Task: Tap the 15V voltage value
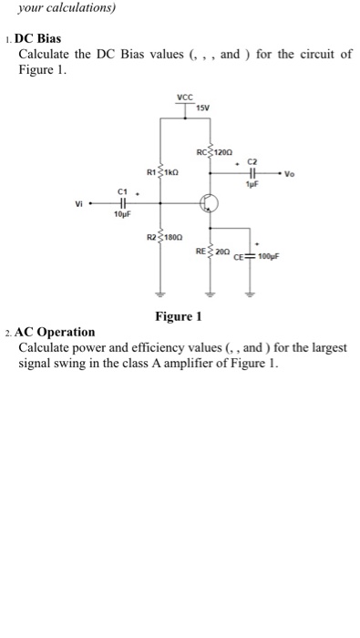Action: pyautogui.click(x=202, y=108)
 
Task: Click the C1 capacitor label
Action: pyautogui.click(x=120, y=191)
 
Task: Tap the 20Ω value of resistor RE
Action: pyautogui.click(x=221, y=250)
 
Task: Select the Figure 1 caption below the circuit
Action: pyautogui.click(x=178, y=316)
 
